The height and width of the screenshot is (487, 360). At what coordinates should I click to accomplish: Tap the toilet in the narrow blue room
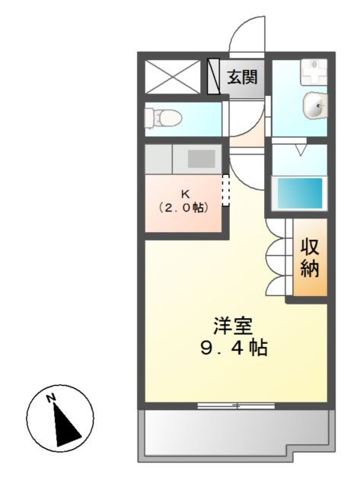click(x=162, y=117)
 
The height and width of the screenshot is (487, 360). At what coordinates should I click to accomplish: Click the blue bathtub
click(x=298, y=193)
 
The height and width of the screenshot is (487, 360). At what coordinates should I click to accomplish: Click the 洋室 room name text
click(x=233, y=326)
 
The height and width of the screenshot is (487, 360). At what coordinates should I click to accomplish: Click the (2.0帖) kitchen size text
click(x=183, y=206)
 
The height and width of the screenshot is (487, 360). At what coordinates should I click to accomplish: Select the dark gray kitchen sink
click(x=201, y=158)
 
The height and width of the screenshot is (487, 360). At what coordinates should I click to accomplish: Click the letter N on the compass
click(x=51, y=398)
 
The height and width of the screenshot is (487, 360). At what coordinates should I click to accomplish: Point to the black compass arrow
click(x=66, y=422)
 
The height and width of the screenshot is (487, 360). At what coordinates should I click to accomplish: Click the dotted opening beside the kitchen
click(x=225, y=190)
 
